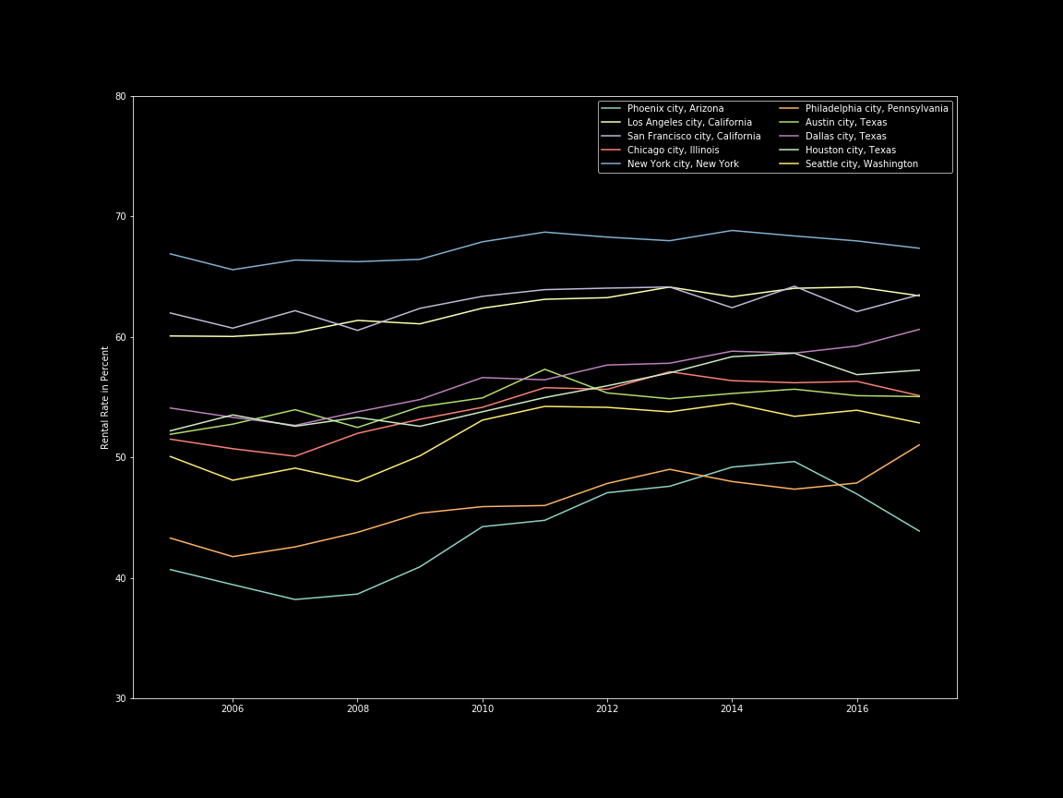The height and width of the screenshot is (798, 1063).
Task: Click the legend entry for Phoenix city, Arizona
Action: tap(675, 109)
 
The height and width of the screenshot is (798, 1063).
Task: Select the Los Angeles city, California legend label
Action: tap(689, 123)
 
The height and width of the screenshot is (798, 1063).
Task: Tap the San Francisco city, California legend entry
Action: tap(694, 137)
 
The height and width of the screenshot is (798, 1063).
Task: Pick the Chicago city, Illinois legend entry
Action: tap(673, 151)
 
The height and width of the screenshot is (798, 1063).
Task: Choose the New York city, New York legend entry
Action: tap(683, 164)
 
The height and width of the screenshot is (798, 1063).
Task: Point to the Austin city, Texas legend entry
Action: tap(846, 123)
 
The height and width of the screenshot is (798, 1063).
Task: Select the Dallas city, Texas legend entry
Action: tap(846, 137)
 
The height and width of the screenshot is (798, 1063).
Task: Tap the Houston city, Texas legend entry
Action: tap(850, 151)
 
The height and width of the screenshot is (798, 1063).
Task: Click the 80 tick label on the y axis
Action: tap(121, 97)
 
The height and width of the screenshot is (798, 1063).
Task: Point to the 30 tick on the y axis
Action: tap(121, 699)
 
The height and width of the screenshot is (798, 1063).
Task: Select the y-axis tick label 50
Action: tap(121, 458)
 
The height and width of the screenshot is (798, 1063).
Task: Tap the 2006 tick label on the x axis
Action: tap(233, 709)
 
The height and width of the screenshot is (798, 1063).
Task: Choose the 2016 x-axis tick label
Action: tap(857, 709)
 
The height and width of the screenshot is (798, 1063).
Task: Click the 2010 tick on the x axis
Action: tap(483, 709)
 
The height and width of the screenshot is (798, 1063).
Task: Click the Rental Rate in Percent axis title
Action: tap(105, 397)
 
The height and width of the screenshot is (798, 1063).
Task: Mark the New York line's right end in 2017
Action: tap(919, 248)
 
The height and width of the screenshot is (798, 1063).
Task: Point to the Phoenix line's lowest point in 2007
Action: tap(295, 599)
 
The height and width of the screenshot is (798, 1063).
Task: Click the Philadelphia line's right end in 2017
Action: tap(919, 445)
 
